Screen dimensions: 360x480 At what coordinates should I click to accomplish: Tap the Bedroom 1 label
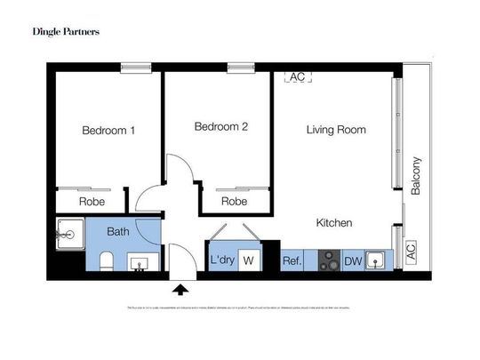(108, 131)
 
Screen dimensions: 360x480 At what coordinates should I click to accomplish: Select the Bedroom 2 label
(220, 127)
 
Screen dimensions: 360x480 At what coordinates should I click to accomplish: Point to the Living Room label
(336, 130)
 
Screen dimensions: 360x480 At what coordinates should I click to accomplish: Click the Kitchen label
(334, 222)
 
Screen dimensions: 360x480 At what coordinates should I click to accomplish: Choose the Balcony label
(416, 176)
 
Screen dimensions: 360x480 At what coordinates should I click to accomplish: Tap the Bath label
(118, 232)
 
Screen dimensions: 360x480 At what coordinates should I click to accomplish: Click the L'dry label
(220, 260)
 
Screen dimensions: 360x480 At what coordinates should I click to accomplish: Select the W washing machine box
(249, 260)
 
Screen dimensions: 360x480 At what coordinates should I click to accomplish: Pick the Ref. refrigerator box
(292, 260)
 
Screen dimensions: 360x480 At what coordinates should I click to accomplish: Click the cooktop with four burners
(329, 260)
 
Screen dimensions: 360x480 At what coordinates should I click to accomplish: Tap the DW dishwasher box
(353, 260)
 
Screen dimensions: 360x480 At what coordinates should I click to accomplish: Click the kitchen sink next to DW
(377, 260)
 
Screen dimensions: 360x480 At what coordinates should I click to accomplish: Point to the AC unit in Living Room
(297, 77)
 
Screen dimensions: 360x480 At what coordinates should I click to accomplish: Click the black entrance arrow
(181, 288)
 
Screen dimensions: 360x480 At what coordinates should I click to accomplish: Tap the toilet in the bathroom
(105, 260)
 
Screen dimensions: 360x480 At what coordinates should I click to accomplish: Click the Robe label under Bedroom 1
(92, 202)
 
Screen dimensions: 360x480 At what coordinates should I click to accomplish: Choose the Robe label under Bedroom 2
(234, 202)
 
